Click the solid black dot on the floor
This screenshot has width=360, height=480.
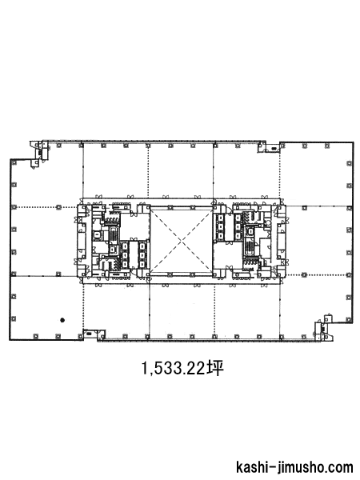[62, 320]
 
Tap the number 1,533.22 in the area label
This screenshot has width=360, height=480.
[173, 368]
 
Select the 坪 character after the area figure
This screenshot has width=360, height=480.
[215, 368]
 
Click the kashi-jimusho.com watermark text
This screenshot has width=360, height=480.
[294, 467]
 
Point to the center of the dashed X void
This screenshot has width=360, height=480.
[182, 240]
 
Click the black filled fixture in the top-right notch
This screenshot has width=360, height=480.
[274, 149]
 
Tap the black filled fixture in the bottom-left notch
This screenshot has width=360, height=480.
[89, 334]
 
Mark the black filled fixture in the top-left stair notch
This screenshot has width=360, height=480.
[40, 152]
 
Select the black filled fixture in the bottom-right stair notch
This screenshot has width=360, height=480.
[323, 329]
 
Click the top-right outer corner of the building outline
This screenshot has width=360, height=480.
[354, 142]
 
